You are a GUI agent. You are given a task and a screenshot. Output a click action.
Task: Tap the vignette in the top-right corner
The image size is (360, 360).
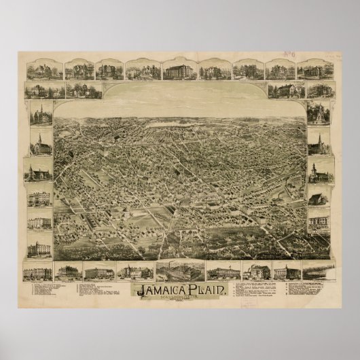pyautogui.click(x=318, y=70)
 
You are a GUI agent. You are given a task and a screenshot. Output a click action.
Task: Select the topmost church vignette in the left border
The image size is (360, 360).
pyautogui.click(x=39, y=115)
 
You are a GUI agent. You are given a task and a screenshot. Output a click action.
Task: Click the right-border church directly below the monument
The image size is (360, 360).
pyautogui.click(x=317, y=143)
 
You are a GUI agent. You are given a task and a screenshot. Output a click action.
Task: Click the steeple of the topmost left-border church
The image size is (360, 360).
pyautogui.click(x=39, y=107)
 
